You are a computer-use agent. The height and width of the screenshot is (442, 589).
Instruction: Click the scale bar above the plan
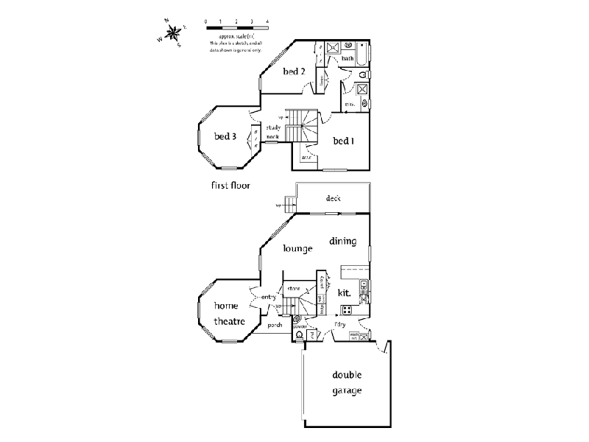[x=229, y=27]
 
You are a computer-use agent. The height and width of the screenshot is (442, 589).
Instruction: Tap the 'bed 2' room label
[x=294, y=71]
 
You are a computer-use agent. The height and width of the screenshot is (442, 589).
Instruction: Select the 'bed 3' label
[x=225, y=136]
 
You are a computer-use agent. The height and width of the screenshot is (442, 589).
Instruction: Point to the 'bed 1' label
[x=344, y=141]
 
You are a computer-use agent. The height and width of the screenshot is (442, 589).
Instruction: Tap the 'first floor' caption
[x=230, y=186]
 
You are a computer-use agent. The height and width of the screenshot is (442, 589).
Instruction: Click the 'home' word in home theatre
[x=226, y=306]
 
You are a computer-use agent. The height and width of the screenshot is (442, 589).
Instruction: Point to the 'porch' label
[x=275, y=324]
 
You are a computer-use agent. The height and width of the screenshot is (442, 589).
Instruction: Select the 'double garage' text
[x=345, y=383]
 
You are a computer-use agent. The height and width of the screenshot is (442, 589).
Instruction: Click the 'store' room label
[x=294, y=288]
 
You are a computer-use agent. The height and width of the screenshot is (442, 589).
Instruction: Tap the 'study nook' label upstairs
[x=273, y=132]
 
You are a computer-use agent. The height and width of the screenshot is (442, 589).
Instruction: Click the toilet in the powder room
[x=299, y=334]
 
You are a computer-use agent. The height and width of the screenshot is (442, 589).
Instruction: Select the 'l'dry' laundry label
[x=341, y=324]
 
